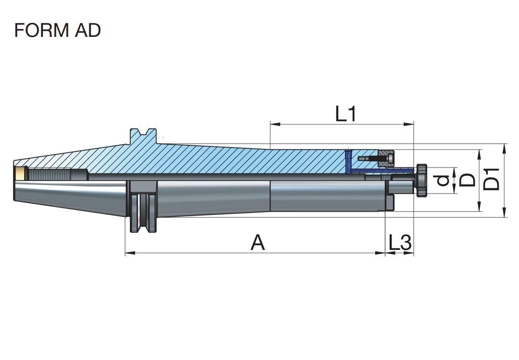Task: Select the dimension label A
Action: click(x=258, y=243)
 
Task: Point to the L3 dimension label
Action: click(x=400, y=243)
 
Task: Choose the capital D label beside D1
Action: click(x=467, y=180)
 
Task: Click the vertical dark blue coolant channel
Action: click(x=348, y=161)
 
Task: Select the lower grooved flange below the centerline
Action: click(x=142, y=213)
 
